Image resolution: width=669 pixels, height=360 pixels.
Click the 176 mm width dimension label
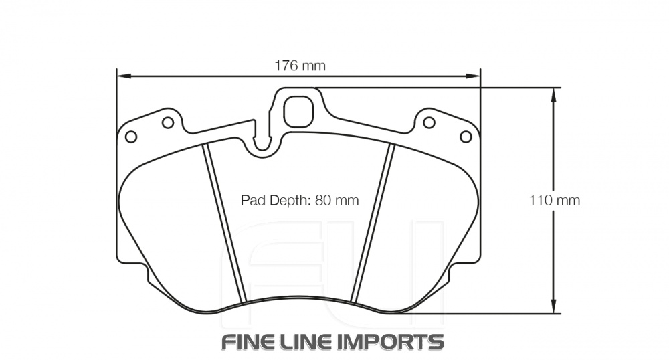pos(300,66)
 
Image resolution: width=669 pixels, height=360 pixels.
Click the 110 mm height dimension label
pos(555,200)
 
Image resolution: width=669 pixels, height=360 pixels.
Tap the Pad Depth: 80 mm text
pos(300,200)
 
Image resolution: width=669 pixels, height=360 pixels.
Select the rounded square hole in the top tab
pos(298,111)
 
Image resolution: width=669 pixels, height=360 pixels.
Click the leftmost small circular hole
pos(131,137)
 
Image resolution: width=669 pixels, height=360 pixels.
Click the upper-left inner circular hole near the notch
pos(168,122)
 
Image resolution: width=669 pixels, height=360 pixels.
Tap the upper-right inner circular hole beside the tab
pos(429,122)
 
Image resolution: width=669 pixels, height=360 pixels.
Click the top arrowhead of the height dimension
pos(553,94)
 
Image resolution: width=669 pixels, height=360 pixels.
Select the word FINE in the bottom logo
pos(249,341)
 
